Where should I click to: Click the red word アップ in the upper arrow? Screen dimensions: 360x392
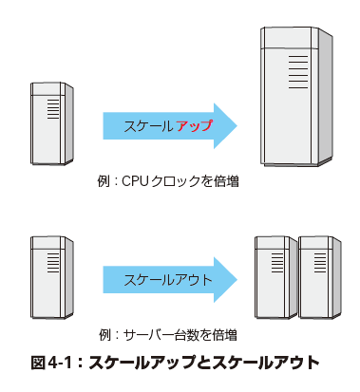(x=194, y=126)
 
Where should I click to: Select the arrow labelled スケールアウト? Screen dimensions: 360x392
(x=170, y=280)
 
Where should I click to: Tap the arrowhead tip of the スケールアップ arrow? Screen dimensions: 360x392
(x=237, y=125)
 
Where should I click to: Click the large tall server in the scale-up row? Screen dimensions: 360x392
(x=296, y=97)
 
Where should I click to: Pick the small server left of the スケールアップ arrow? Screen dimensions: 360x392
(x=52, y=123)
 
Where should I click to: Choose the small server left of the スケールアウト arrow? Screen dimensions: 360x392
(x=52, y=277)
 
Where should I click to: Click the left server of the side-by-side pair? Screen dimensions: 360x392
(x=276, y=277)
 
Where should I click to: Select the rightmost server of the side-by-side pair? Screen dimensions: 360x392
(x=320, y=277)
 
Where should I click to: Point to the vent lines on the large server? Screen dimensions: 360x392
(x=298, y=72)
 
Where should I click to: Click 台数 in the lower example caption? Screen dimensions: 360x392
(x=183, y=335)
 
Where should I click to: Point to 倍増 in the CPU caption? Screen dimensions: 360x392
(x=227, y=181)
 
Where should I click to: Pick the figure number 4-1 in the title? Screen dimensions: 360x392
(x=61, y=363)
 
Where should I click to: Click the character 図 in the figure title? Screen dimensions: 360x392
(x=39, y=363)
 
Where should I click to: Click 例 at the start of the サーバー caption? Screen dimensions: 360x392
(x=104, y=335)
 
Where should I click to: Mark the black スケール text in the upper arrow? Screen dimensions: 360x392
(x=148, y=126)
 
